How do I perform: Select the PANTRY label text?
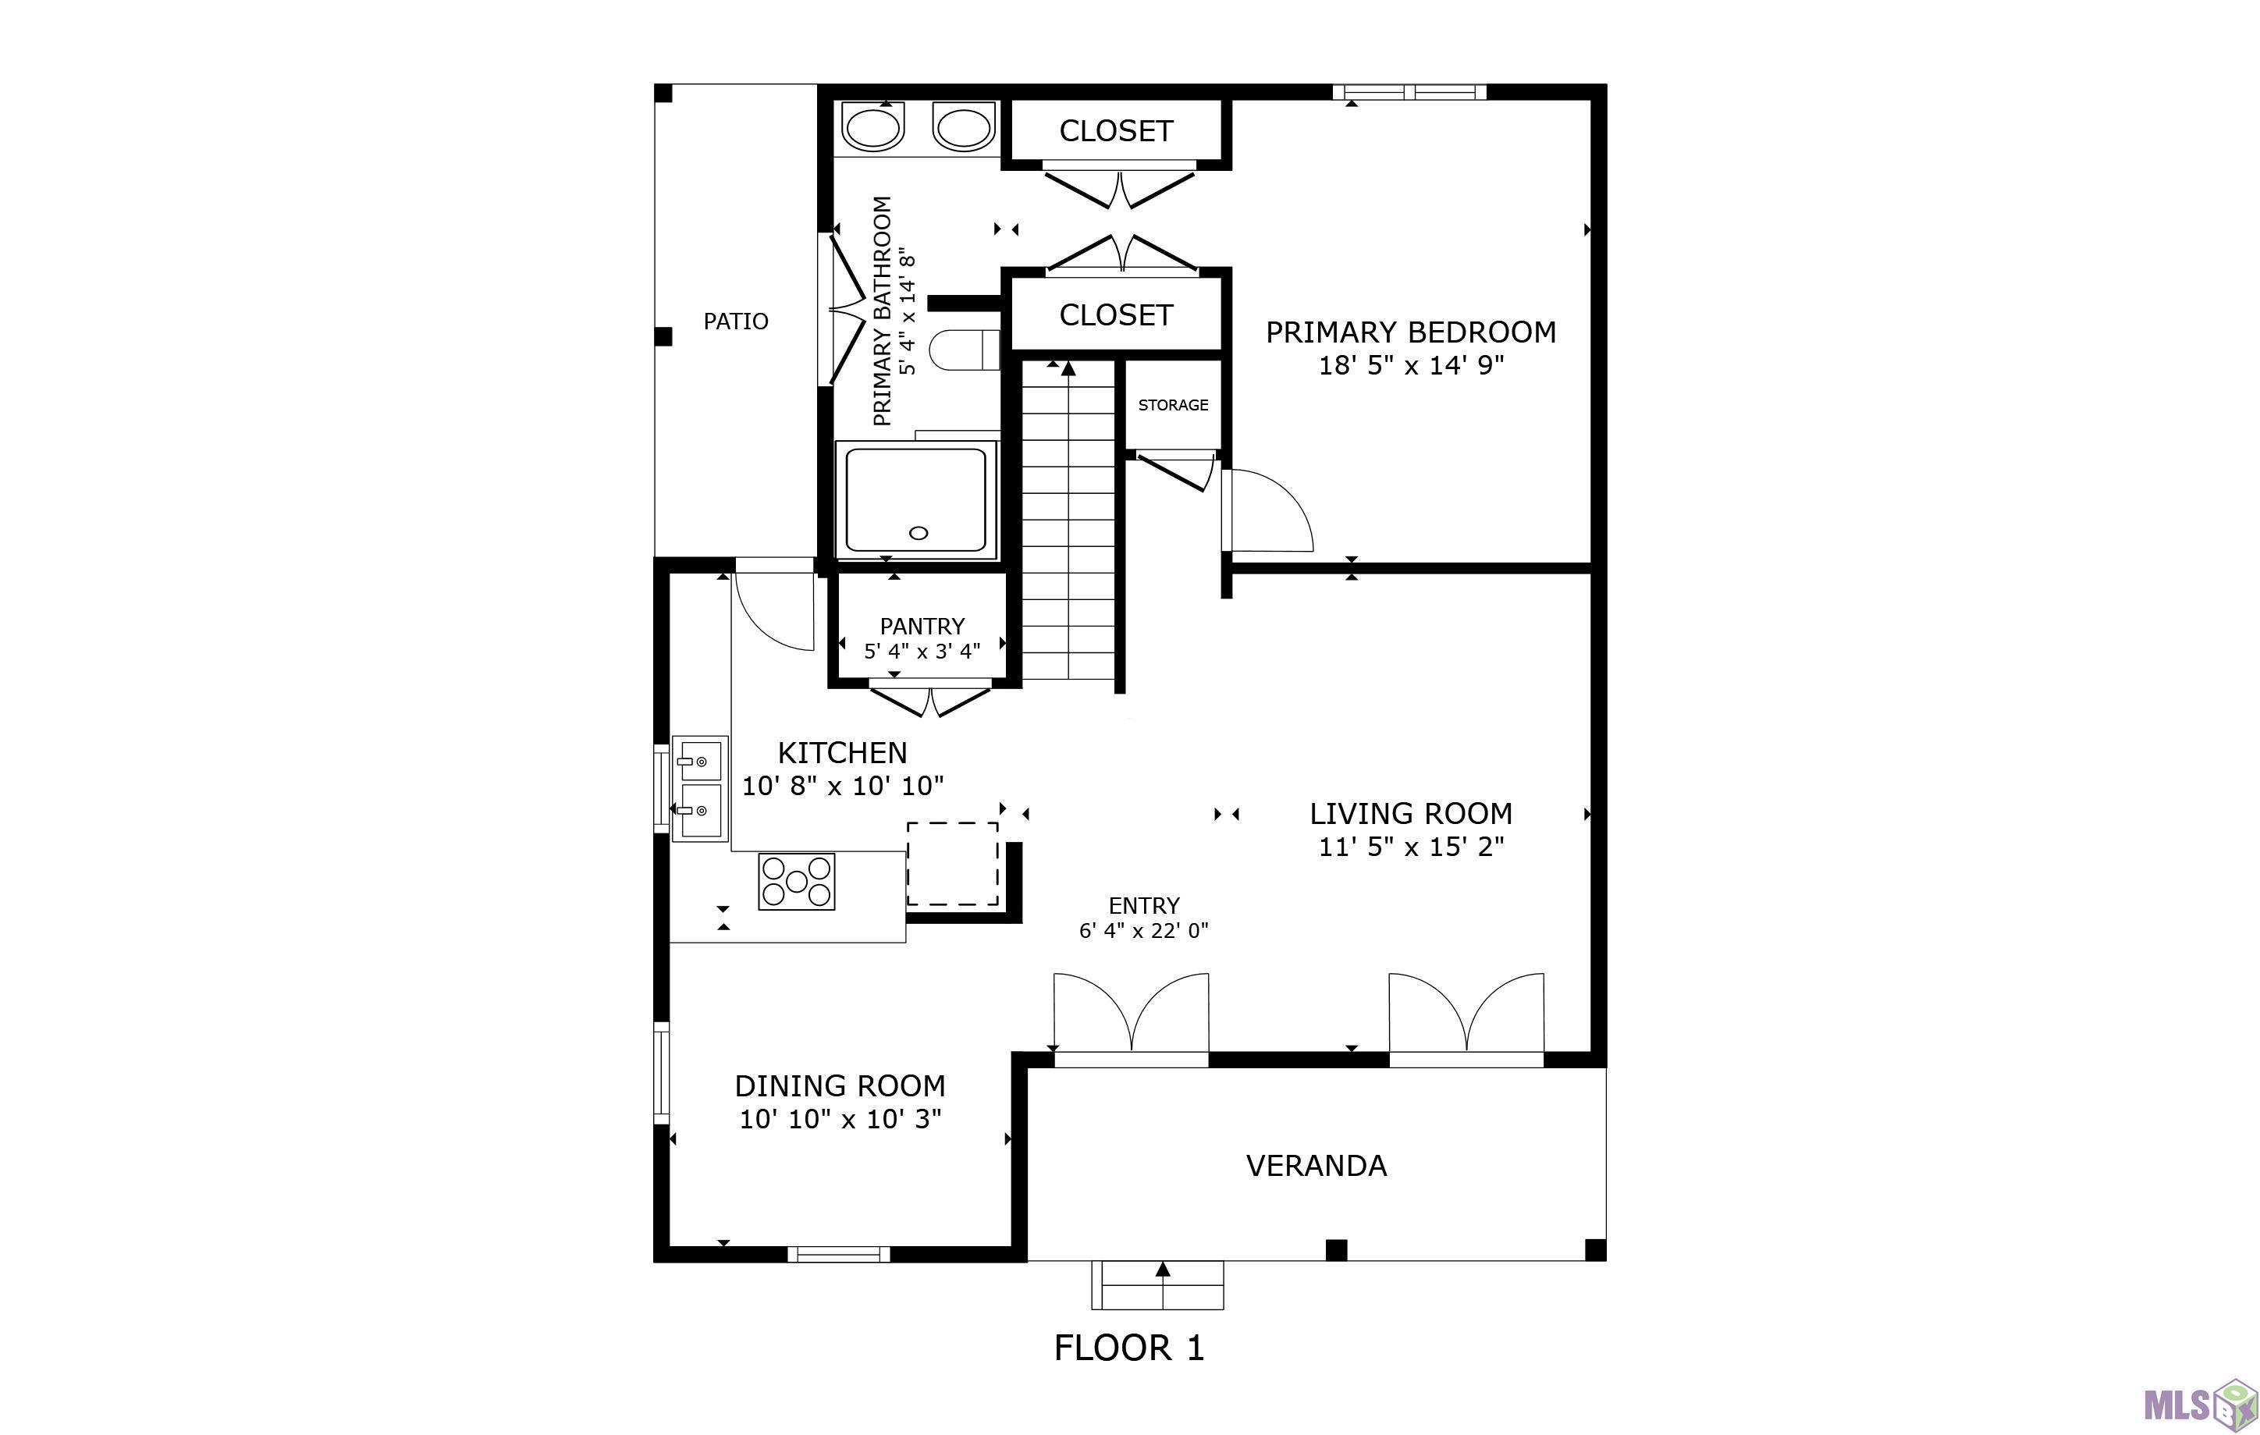pos(922,626)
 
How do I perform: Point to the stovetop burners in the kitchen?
pos(796,881)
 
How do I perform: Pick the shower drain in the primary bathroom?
pos(919,533)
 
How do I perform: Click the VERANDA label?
pos(1316,1166)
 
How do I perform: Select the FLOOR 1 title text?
pos(1129,1348)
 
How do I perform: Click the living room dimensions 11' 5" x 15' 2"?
pos(1411,847)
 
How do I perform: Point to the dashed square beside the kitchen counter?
pos(951,864)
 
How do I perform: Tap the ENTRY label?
pos(1143,906)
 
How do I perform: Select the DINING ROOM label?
pos(839,1086)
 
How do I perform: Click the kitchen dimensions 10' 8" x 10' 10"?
pos(842,787)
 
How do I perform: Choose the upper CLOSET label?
pos(1116,131)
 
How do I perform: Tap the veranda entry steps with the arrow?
pos(1157,1285)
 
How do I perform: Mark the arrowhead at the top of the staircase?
pos(1068,369)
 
